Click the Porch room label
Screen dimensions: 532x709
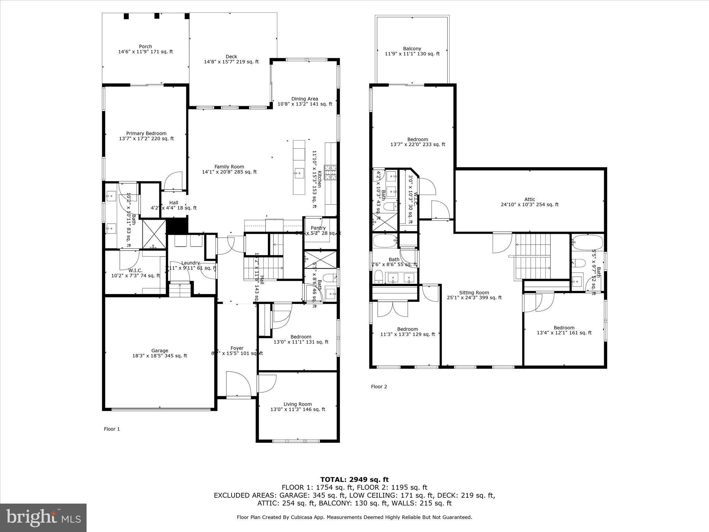coord(145,46)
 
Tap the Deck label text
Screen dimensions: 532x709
coord(231,56)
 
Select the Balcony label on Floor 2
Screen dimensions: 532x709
coord(412,48)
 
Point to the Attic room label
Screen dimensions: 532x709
coord(529,199)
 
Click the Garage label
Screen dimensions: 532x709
coord(160,351)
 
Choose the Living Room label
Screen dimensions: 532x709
coord(297,404)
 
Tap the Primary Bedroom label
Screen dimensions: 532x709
coord(146,133)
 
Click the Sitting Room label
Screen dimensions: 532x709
coord(474,292)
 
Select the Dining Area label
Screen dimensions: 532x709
coord(304,99)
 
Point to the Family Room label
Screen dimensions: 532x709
coord(229,167)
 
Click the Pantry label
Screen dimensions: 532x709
coord(318,228)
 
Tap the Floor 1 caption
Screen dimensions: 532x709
coord(112,429)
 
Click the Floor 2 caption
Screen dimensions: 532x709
coord(379,387)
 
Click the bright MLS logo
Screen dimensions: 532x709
coord(43,518)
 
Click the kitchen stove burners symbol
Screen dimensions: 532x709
coord(330,172)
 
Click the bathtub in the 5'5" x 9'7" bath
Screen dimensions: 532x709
coord(587,242)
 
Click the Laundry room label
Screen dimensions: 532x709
coord(190,263)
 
